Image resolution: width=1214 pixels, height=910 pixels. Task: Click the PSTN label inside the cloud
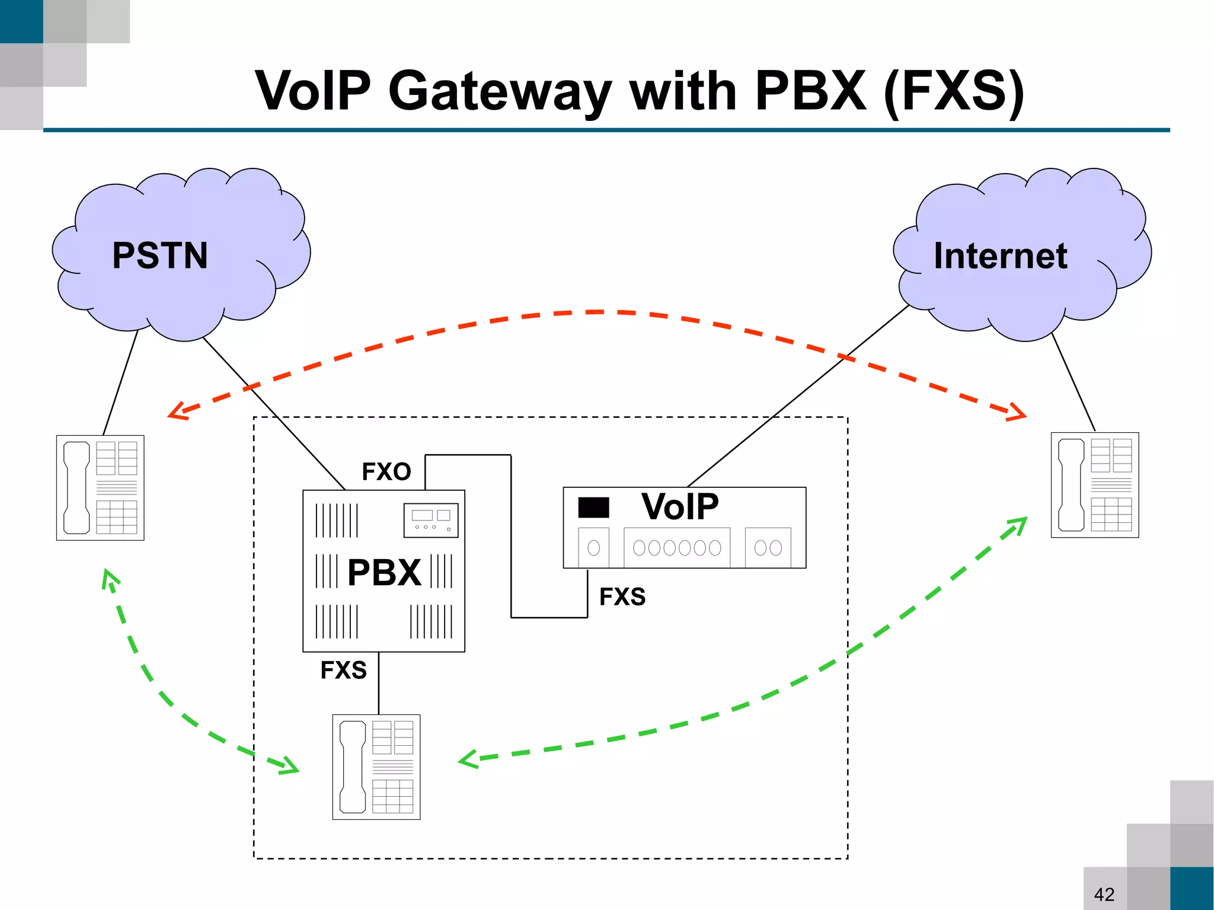(160, 256)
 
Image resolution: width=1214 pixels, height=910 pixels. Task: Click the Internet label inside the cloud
(1000, 256)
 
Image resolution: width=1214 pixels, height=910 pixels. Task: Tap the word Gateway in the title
(499, 91)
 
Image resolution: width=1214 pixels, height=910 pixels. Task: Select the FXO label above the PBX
(386, 472)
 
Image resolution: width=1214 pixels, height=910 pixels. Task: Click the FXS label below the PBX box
(343, 670)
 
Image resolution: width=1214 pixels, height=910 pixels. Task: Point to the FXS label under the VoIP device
(622, 596)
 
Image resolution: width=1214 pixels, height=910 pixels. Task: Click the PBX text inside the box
(384, 573)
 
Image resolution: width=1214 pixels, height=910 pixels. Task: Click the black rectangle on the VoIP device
(593, 507)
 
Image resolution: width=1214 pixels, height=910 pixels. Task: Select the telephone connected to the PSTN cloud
(100, 487)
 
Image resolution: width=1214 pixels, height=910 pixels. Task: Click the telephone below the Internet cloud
(1094, 485)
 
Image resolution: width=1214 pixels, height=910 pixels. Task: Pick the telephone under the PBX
(376, 767)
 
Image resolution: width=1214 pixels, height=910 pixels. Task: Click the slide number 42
(1104, 894)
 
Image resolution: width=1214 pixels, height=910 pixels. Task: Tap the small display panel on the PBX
(431, 520)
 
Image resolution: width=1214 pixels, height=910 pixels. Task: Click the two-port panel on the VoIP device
(768, 548)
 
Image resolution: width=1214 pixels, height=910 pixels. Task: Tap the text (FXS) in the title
(954, 91)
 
